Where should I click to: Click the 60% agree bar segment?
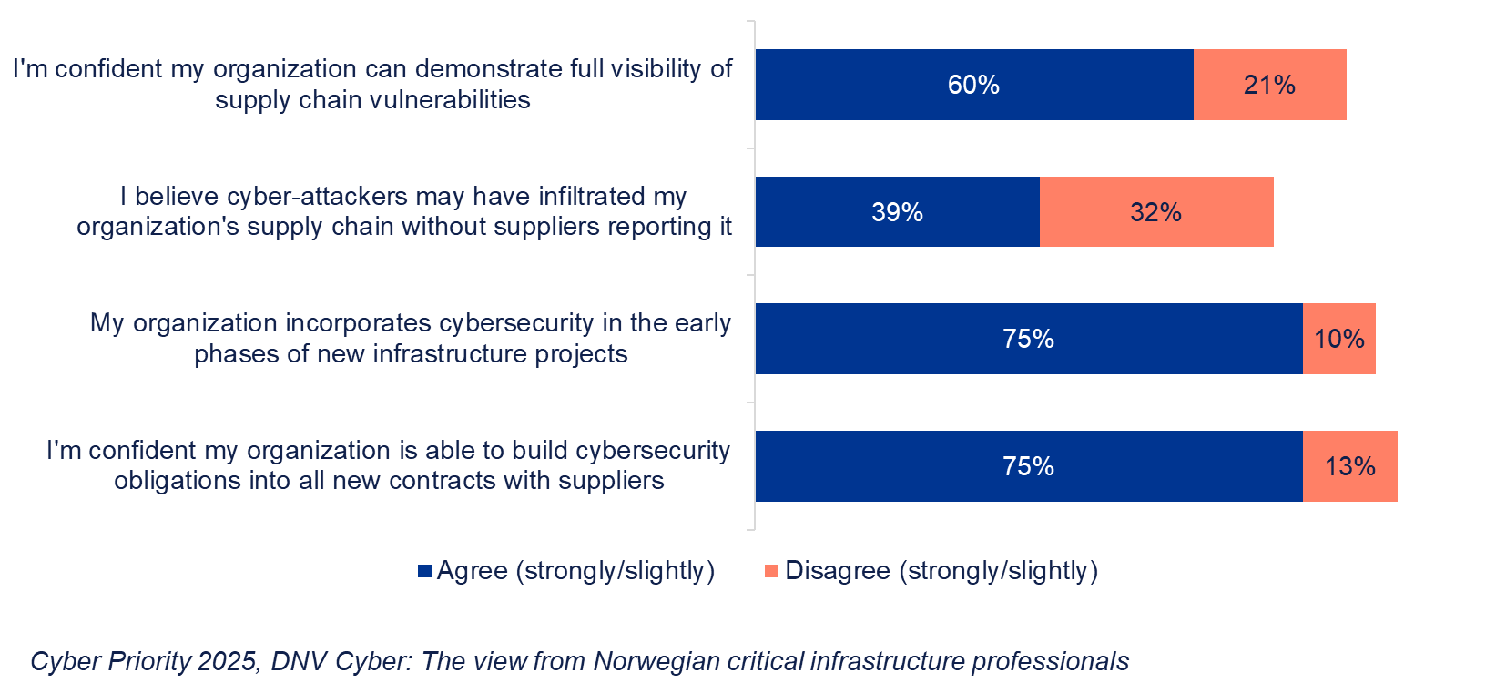click(973, 85)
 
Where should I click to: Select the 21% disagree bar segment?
click(1269, 85)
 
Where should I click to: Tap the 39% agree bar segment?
click(897, 212)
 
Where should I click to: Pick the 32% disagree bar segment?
click(1155, 212)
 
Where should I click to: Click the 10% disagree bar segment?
click(1338, 339)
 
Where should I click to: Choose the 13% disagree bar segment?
click(1349, 466)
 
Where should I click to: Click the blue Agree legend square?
click(424, 571)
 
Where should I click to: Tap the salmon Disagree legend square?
click(771, 571)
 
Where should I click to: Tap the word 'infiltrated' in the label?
click(592, 197)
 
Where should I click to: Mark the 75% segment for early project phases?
click(1028, 339)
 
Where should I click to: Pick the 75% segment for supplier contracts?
click(1028, 466)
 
